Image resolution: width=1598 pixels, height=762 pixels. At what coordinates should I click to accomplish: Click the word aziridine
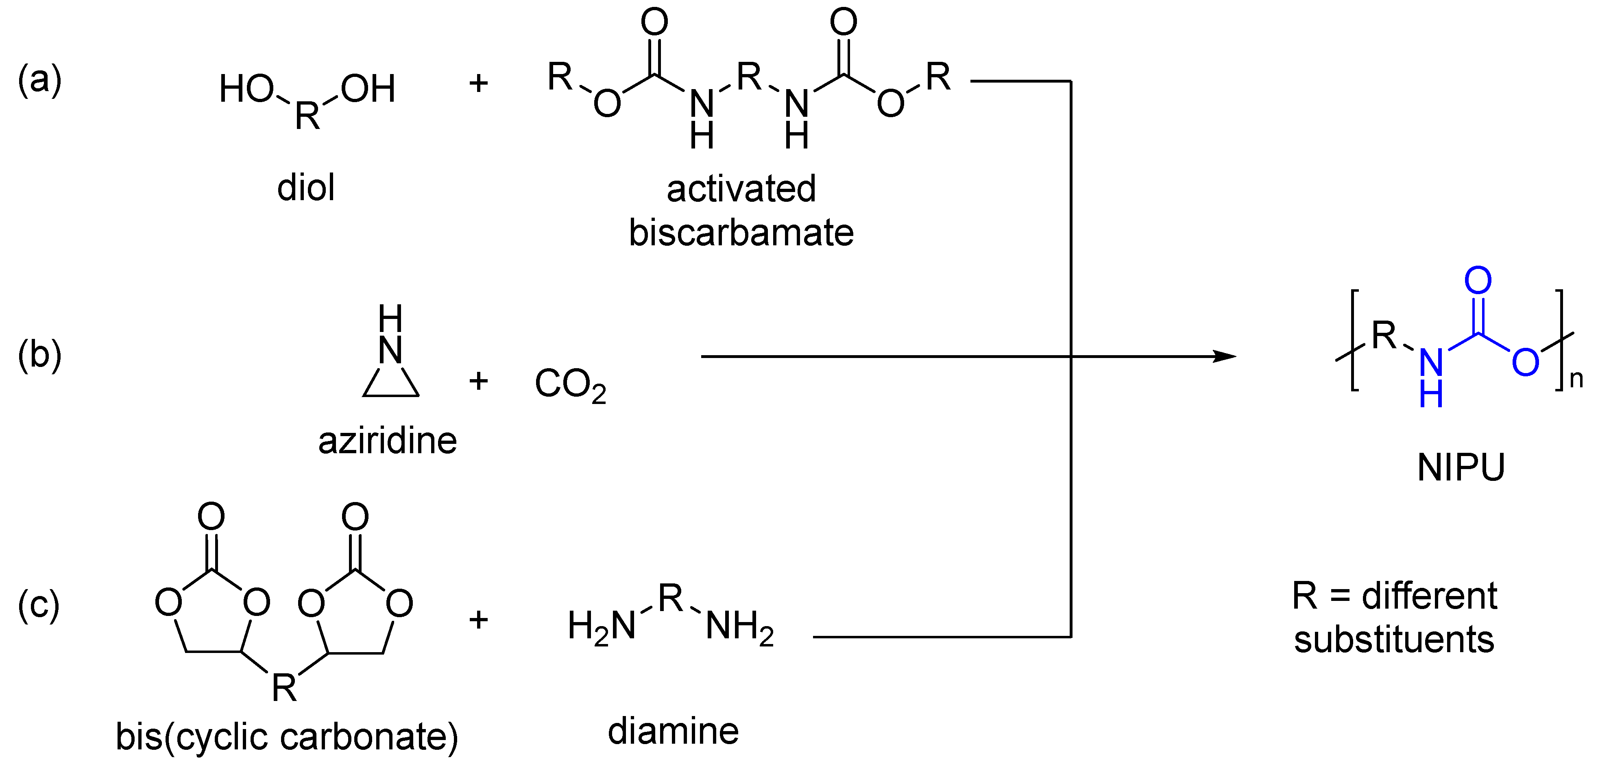click(388, 441)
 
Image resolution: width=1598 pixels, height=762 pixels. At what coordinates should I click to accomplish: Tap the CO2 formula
click(569, 385)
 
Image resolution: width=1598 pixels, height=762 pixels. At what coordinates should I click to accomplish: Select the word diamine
click(673, 731)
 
